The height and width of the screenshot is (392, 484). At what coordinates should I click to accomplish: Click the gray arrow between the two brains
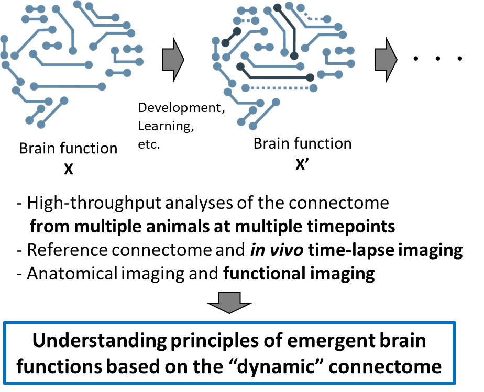click(x=173, y=60)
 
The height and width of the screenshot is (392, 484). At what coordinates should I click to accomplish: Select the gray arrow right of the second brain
click(x=386, y=60)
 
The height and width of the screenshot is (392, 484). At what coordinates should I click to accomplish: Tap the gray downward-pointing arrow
click(x=229, y=303)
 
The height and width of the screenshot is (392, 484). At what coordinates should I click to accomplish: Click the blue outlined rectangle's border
click(x=229, y=323)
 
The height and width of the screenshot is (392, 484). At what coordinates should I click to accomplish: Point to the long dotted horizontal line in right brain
click(x=279, y=88)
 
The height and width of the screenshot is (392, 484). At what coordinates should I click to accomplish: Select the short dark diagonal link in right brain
click(x=231, y=37)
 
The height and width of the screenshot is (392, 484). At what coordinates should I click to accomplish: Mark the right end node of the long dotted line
click(x=313, y=88)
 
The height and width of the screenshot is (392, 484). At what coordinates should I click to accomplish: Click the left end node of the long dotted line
click(x=246, y=88)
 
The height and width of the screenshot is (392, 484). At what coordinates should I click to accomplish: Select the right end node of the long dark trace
click(x=310, y=77)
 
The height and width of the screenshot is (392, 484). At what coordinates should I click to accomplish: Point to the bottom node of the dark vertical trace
click(x=294, y=55)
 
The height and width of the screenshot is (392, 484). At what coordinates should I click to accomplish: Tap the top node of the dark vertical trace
click(x=278, y=8)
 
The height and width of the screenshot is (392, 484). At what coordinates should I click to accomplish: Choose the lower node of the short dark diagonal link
click(x=225, y=43)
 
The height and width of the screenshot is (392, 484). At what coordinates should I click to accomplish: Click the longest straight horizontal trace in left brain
click(x=68, y=86)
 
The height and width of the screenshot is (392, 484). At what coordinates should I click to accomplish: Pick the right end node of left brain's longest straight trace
click(x=102, y=86)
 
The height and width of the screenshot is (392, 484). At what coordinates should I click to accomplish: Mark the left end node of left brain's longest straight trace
click(x=34, y=86)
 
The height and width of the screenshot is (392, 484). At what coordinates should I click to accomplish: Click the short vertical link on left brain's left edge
click(x=4, y=47)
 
